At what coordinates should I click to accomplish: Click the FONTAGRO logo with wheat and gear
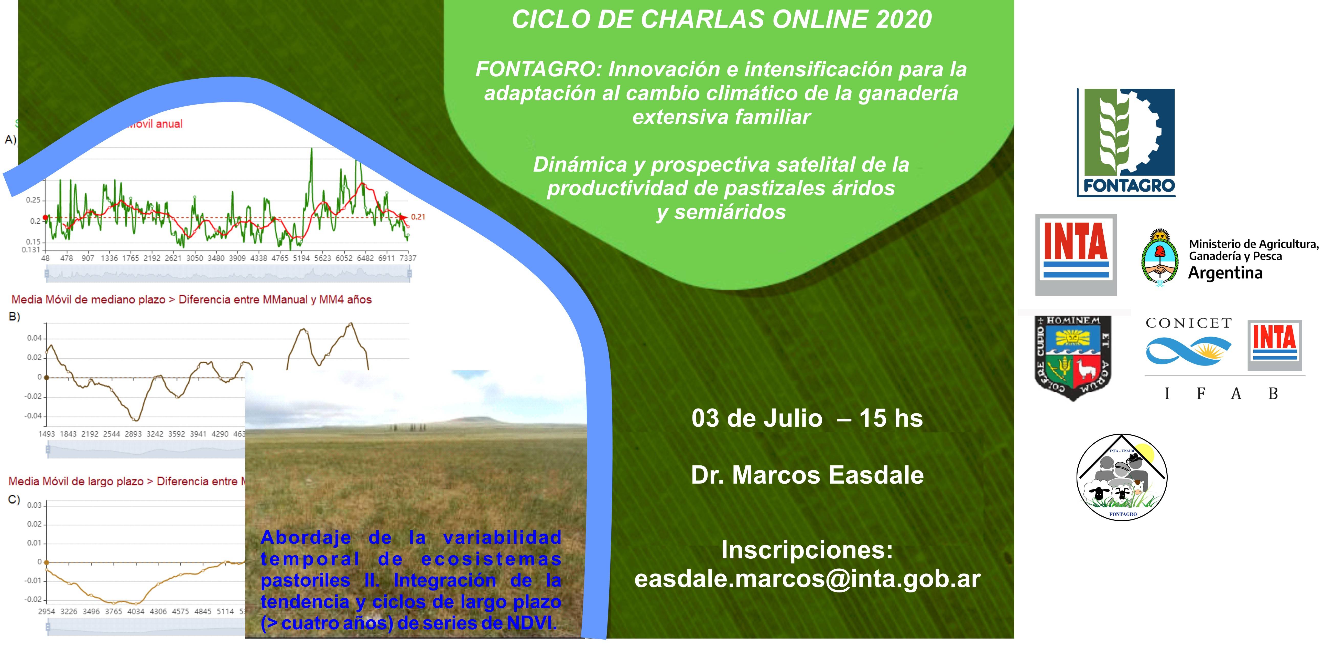1126,142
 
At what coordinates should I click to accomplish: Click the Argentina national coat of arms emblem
1159,257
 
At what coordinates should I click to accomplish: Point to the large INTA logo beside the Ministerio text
1075,255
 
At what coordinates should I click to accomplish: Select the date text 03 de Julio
757,418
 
